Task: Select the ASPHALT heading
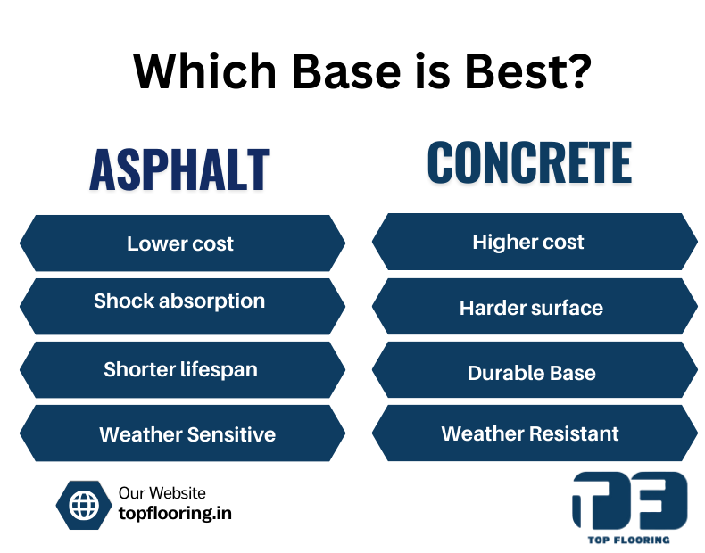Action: coord(179,169)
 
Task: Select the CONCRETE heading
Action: coord(529,162)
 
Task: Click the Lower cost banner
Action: coord(181,243)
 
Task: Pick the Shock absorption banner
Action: coord(181,301)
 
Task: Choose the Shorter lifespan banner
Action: coord(181,368)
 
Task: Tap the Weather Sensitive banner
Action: coord(181,434)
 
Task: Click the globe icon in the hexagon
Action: coord(84,505)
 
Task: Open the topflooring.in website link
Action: coord(175,514)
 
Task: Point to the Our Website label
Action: coord(162,493)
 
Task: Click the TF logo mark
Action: coord(629,499)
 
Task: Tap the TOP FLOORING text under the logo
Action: coord(630,540)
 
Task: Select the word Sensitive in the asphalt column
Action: coord(231,434)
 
